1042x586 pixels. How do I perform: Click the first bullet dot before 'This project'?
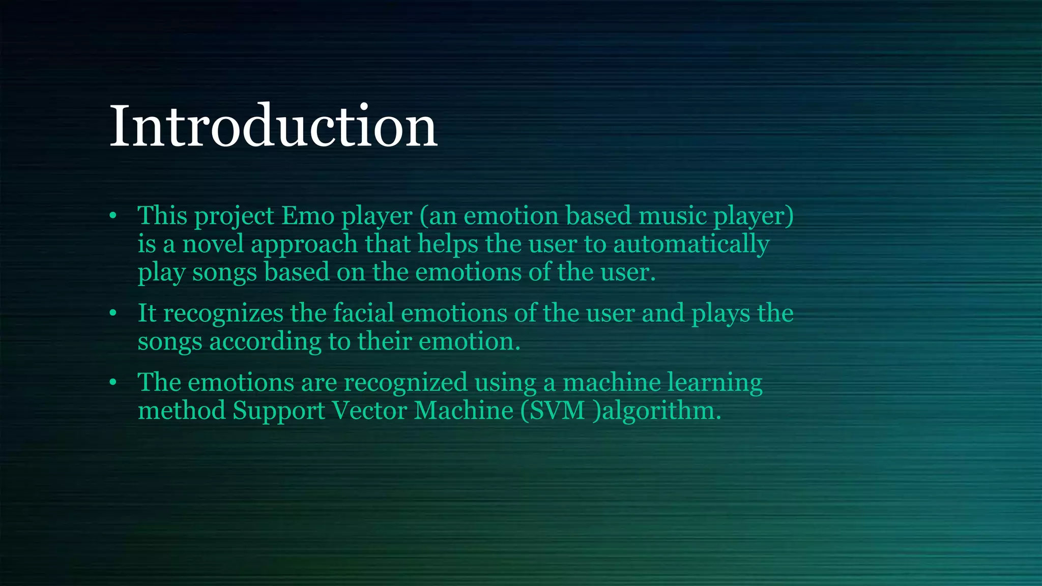(x=113, y=216)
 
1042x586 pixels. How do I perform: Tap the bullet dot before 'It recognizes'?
(x=113, y=313)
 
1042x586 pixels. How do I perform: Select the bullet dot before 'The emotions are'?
(x=113, y=383)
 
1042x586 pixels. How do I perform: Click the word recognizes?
(x=223, y=313)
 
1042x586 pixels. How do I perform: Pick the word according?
(x=265, y=341)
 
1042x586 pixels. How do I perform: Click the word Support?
(x=279, y=411)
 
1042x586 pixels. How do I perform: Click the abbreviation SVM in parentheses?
(x=558, y=411)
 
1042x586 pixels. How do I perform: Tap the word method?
(x=182, y=411)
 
